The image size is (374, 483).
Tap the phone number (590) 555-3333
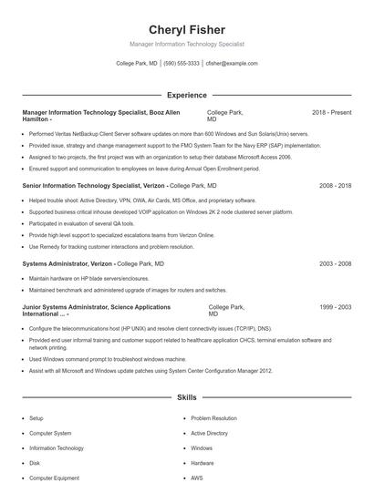[182, 64]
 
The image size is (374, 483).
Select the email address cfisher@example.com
[232, 64]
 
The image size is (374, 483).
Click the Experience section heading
[186, 95]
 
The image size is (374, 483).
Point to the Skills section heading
[186, 398]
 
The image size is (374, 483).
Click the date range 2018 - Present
[331, 112]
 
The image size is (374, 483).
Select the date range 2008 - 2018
[335, 185]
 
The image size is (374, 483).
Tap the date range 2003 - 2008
[335, 263]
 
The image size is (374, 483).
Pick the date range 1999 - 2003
[335, 307]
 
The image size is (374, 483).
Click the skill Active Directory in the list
[209, 434]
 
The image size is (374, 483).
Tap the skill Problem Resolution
[213, 418]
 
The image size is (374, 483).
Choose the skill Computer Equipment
[55, 478]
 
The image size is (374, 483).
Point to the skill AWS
[197, 478]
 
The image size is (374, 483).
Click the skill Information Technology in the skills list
[57, 448]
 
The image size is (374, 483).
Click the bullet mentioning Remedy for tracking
[111, 246]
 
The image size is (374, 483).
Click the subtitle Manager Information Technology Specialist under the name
[186, 44]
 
